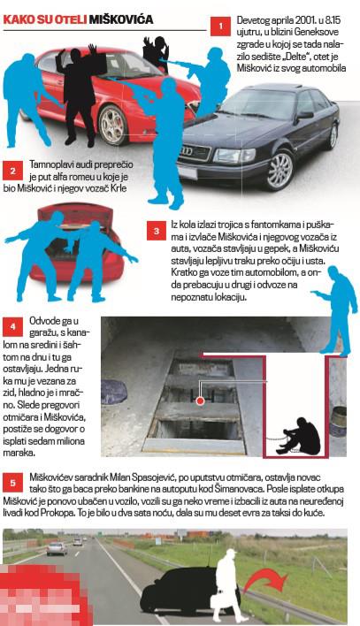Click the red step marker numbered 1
coord(220,27)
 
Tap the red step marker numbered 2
coord(12,171)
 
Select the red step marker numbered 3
coord(157,231)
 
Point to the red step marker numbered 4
coord(12,326)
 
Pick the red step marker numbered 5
coord(12,483)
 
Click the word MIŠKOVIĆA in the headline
coord(121,19)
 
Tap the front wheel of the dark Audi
coord(280,169)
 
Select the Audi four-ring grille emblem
coord(187,151)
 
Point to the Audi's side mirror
coord(305,115)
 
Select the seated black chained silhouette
coord(300,436)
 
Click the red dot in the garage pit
coord(201,400)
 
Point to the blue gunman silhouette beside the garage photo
coord(335,309)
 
